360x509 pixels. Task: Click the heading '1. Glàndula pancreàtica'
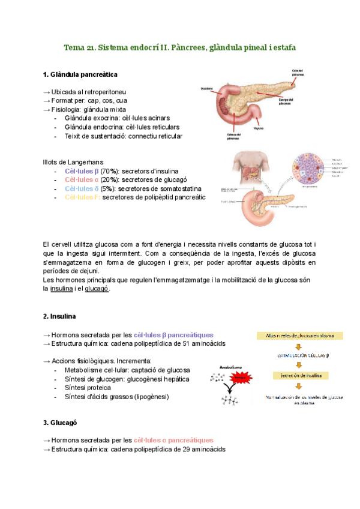click(x=80, y=74)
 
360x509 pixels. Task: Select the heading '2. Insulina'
click(x=64, y=316)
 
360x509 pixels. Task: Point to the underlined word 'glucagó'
click(x=97, y=288)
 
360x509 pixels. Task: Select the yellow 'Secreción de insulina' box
click(x=298, y=376)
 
